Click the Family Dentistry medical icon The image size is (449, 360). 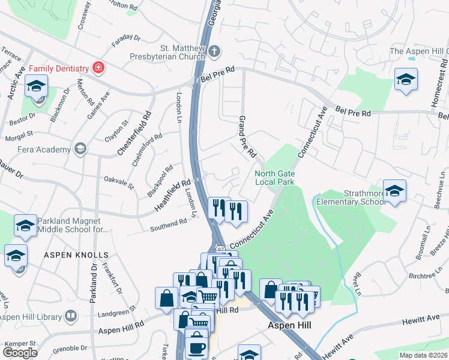pos(97,68)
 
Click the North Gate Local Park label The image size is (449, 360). pos(274,177)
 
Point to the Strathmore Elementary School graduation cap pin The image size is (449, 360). pos(394,191)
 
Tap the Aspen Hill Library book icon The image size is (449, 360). pos(71,316)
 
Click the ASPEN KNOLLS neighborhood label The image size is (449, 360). pos(76,255)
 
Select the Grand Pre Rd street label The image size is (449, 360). pos(248,136)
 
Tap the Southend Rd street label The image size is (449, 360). pos(169,225)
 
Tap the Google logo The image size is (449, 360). pos(20,352)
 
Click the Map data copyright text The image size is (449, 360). pos(424,355)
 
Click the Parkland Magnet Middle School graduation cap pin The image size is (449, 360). pos(26,225)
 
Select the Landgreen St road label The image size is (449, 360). pos(117,313)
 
